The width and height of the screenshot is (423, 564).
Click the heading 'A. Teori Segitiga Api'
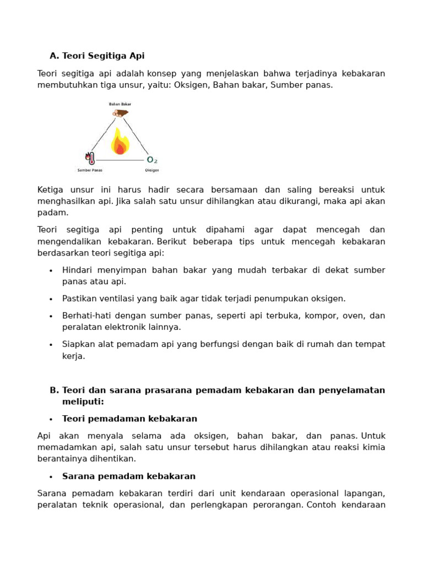tap(97, 56)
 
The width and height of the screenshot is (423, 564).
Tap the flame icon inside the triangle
tap(120, 142)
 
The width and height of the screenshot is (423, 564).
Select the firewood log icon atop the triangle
tap(120, 113)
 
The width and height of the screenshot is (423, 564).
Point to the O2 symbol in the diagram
tap(151, 160)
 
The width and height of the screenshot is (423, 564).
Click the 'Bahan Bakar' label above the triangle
tap(120, 104)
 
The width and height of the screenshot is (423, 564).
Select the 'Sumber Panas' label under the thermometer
tap(90, 170)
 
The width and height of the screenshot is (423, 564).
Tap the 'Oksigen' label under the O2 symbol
tap(151, 170)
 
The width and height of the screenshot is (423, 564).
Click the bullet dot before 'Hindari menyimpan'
tap(51, 270)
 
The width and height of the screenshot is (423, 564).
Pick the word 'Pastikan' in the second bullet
tap(78, 299)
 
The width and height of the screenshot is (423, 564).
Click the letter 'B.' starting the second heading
tap(54, 390)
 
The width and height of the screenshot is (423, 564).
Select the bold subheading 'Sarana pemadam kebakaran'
tap(129, 476)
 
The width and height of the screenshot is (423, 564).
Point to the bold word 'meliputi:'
tap(83, 402)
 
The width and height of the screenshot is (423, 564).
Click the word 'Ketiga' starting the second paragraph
tap(50, 189)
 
